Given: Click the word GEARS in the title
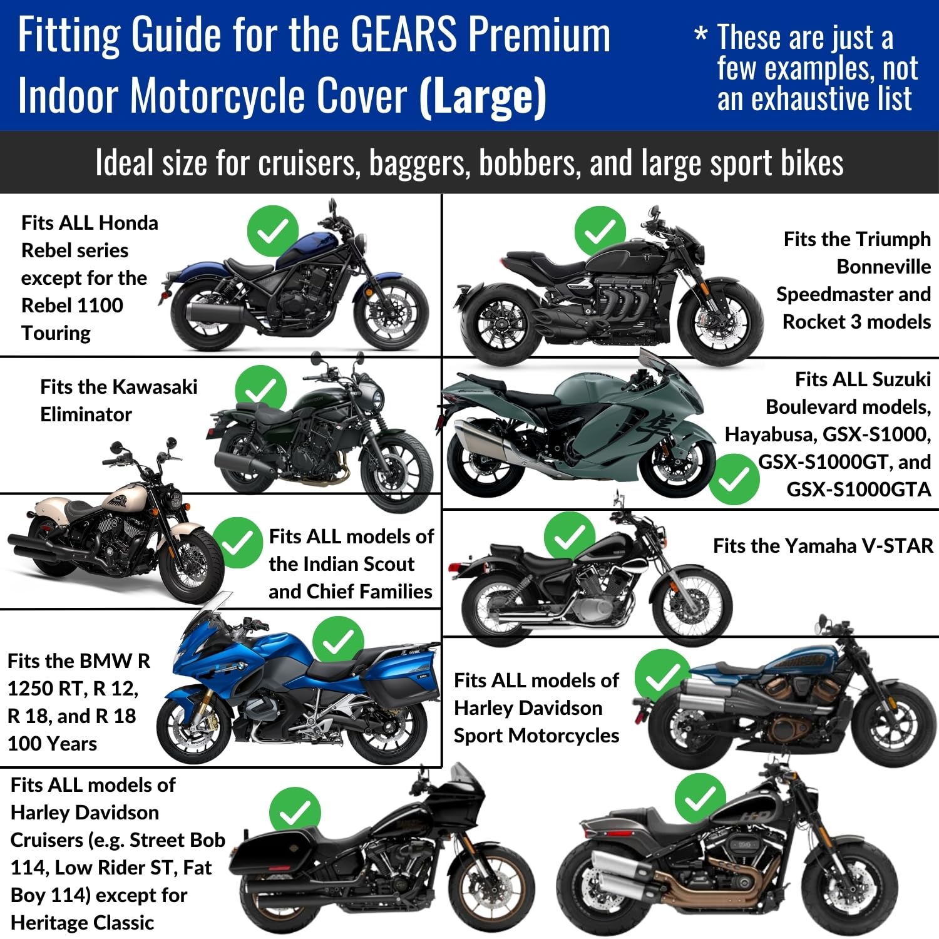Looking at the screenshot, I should click(403, 35).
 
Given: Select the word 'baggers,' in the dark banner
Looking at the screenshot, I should click(419, 163).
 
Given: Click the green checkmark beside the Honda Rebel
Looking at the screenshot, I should click(272, 231).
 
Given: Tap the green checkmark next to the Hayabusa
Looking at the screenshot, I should click(734, 479).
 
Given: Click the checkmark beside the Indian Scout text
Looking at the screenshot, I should click(237, 543).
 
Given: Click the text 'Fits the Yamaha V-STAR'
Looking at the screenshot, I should click(823, 546).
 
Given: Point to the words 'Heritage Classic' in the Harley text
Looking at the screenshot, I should click(82, 922).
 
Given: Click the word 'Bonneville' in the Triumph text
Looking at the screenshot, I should click(883, 267).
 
